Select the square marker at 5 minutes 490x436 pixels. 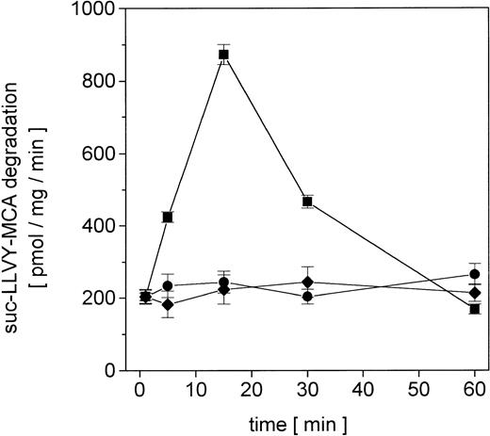coord(168,218)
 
